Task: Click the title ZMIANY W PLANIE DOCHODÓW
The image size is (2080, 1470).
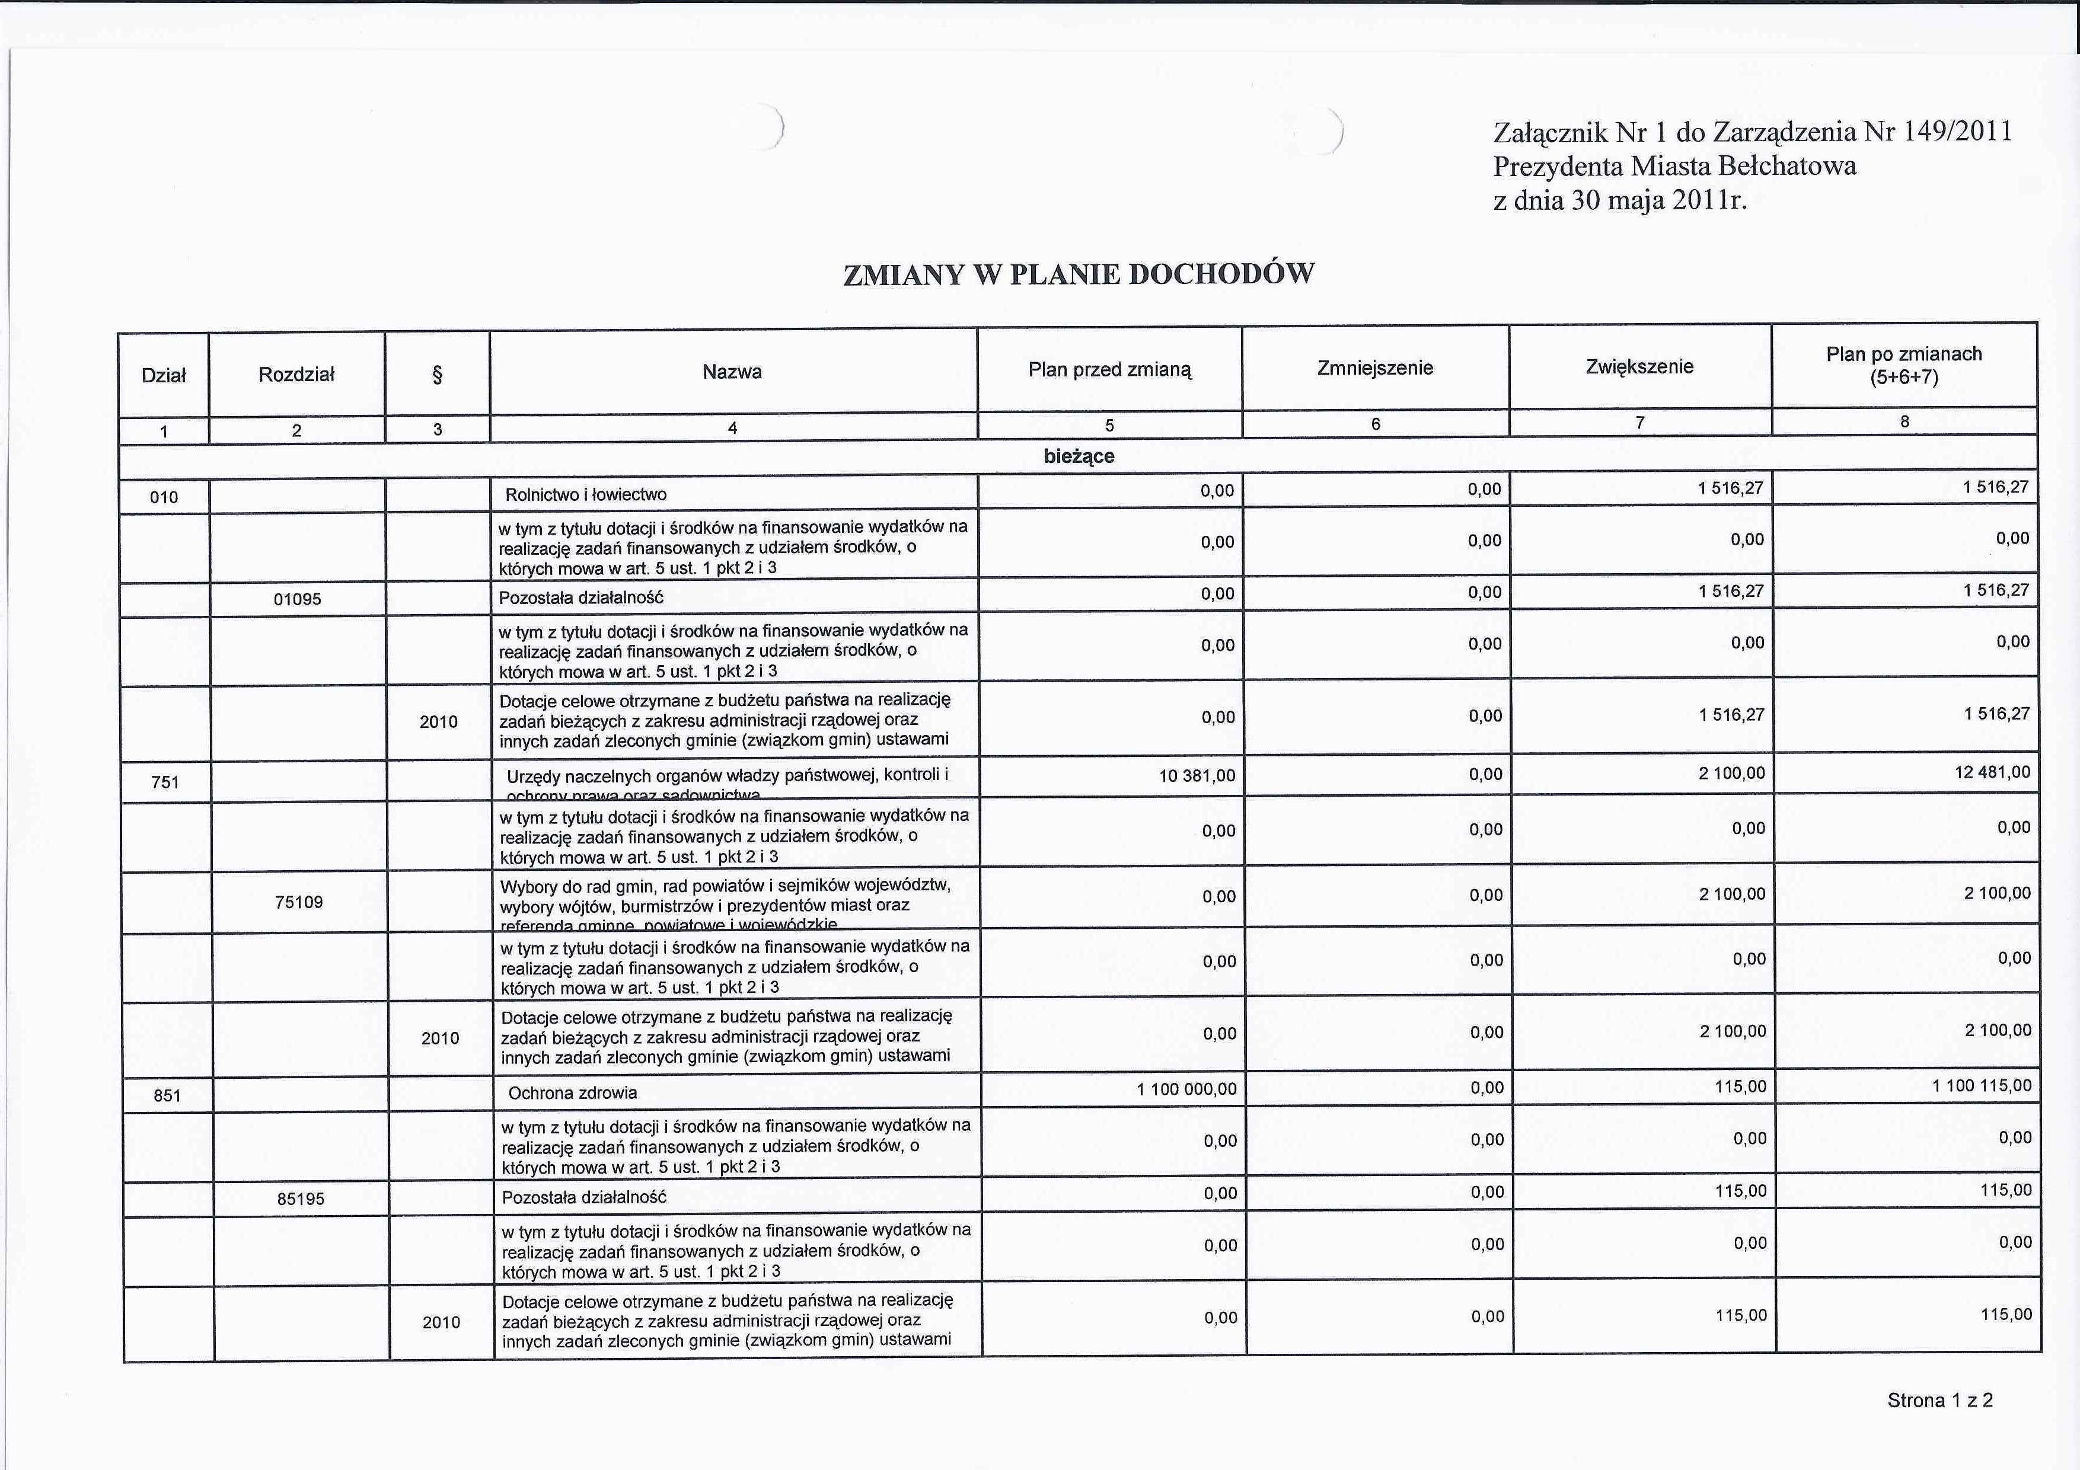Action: (1078, 273)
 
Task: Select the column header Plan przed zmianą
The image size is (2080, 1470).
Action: (1110, 369)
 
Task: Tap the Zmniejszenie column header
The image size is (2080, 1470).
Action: (1374, 367)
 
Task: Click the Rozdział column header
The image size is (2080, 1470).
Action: (296, 374)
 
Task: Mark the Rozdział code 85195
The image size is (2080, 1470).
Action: (301, 1199)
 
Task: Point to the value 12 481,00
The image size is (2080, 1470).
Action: (1992, 772)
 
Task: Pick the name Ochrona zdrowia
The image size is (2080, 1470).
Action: (573, 1093)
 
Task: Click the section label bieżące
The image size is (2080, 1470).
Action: (1078, 456)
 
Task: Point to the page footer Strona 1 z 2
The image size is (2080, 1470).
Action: (1939, 1400)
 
